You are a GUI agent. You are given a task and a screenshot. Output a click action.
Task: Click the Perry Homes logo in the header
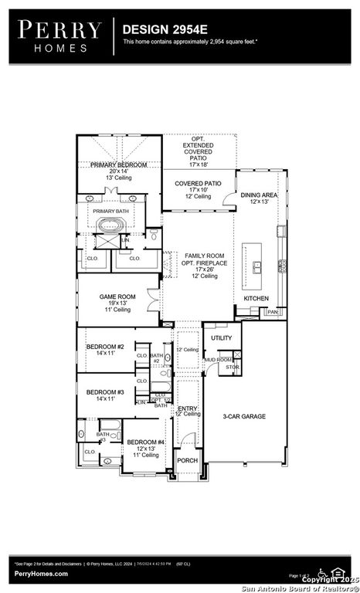(x=59, y=36)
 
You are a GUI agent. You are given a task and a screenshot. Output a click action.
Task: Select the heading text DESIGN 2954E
(x=160, y=29)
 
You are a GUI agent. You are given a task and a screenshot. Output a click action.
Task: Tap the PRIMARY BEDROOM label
(x=118, y=165)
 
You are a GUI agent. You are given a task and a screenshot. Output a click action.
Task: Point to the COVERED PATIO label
(x=198, y=183)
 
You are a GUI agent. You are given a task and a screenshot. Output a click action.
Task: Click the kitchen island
(x=252, y=259)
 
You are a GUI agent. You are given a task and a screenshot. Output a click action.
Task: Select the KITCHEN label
(x=256, y=298)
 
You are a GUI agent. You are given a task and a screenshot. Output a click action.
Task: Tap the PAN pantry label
(x=273, y=312)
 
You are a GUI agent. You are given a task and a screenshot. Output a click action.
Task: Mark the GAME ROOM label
(x=117, y=296)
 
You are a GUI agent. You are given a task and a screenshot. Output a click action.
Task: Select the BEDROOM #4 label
(x=145, y=442)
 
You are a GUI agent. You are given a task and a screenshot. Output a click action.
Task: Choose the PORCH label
(x=187, y=460)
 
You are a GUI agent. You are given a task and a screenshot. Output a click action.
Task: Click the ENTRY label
(x=188, y=408)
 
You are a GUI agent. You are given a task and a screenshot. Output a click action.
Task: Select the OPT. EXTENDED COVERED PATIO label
(x=199, y=151)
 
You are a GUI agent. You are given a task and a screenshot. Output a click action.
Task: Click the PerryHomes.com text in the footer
(x=39, y=574)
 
